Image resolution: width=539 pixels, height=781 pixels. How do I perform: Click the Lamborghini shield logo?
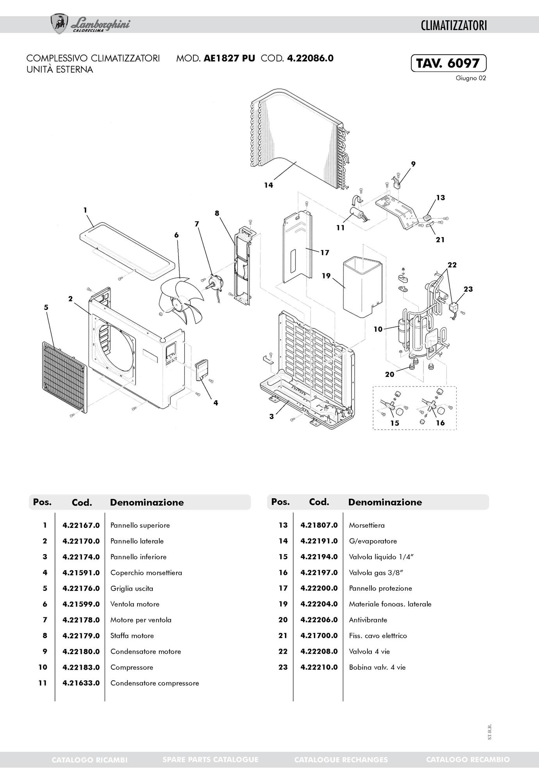(x=59, y=24)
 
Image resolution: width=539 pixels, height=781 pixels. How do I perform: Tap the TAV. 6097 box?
(x=448, y=63)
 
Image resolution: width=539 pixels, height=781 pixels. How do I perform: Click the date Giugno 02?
(x=471, y=78)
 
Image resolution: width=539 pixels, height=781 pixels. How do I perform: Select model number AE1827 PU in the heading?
(x=229, y=59)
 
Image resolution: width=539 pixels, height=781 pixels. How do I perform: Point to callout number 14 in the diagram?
(x=268, y=185)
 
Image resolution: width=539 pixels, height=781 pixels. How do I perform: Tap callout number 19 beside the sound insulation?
(x=326, y=276)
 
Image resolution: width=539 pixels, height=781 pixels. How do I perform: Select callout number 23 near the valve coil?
(x=468, y=289)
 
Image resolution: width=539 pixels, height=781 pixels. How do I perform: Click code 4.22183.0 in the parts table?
(x=81, y=667)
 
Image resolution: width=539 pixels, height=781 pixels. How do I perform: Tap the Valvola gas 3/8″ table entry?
(x=376, y=573)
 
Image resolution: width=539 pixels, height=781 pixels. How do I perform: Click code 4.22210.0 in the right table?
(x=319, y=667)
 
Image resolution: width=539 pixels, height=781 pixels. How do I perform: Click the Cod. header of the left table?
(x=82, y=503)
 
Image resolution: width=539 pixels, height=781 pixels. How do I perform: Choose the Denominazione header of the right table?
(x=385, y=502)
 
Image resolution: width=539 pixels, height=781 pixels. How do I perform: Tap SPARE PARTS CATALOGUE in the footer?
(x=210, y=760)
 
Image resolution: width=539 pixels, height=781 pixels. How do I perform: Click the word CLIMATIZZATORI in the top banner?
(x=454, y=26)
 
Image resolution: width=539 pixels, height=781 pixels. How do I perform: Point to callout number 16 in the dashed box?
(x=440, y=423)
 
